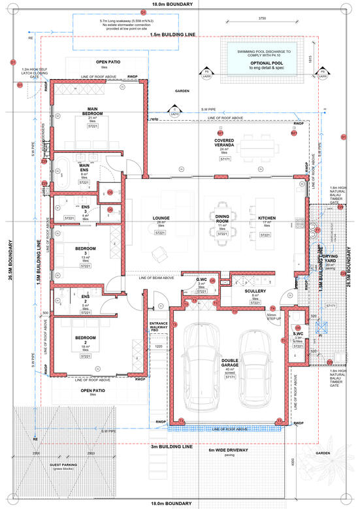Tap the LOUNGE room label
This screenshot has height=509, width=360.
tap(161, 218)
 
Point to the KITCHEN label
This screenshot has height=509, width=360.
tap(267, 218)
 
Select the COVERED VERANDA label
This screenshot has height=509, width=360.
tap(225, 144)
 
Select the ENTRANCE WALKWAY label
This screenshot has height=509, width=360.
tap(159, 326)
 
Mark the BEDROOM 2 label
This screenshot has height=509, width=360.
tap(85, 338)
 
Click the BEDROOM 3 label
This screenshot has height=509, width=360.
tap(85, 251)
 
